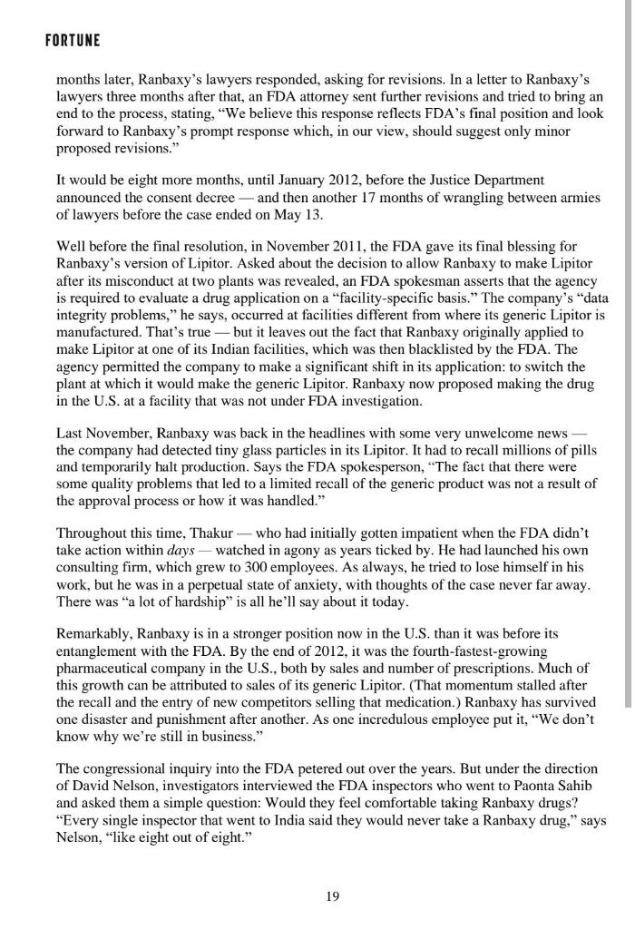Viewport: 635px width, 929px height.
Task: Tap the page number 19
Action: [332, 896]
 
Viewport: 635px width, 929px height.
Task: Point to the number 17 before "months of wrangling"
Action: [367, 197]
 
